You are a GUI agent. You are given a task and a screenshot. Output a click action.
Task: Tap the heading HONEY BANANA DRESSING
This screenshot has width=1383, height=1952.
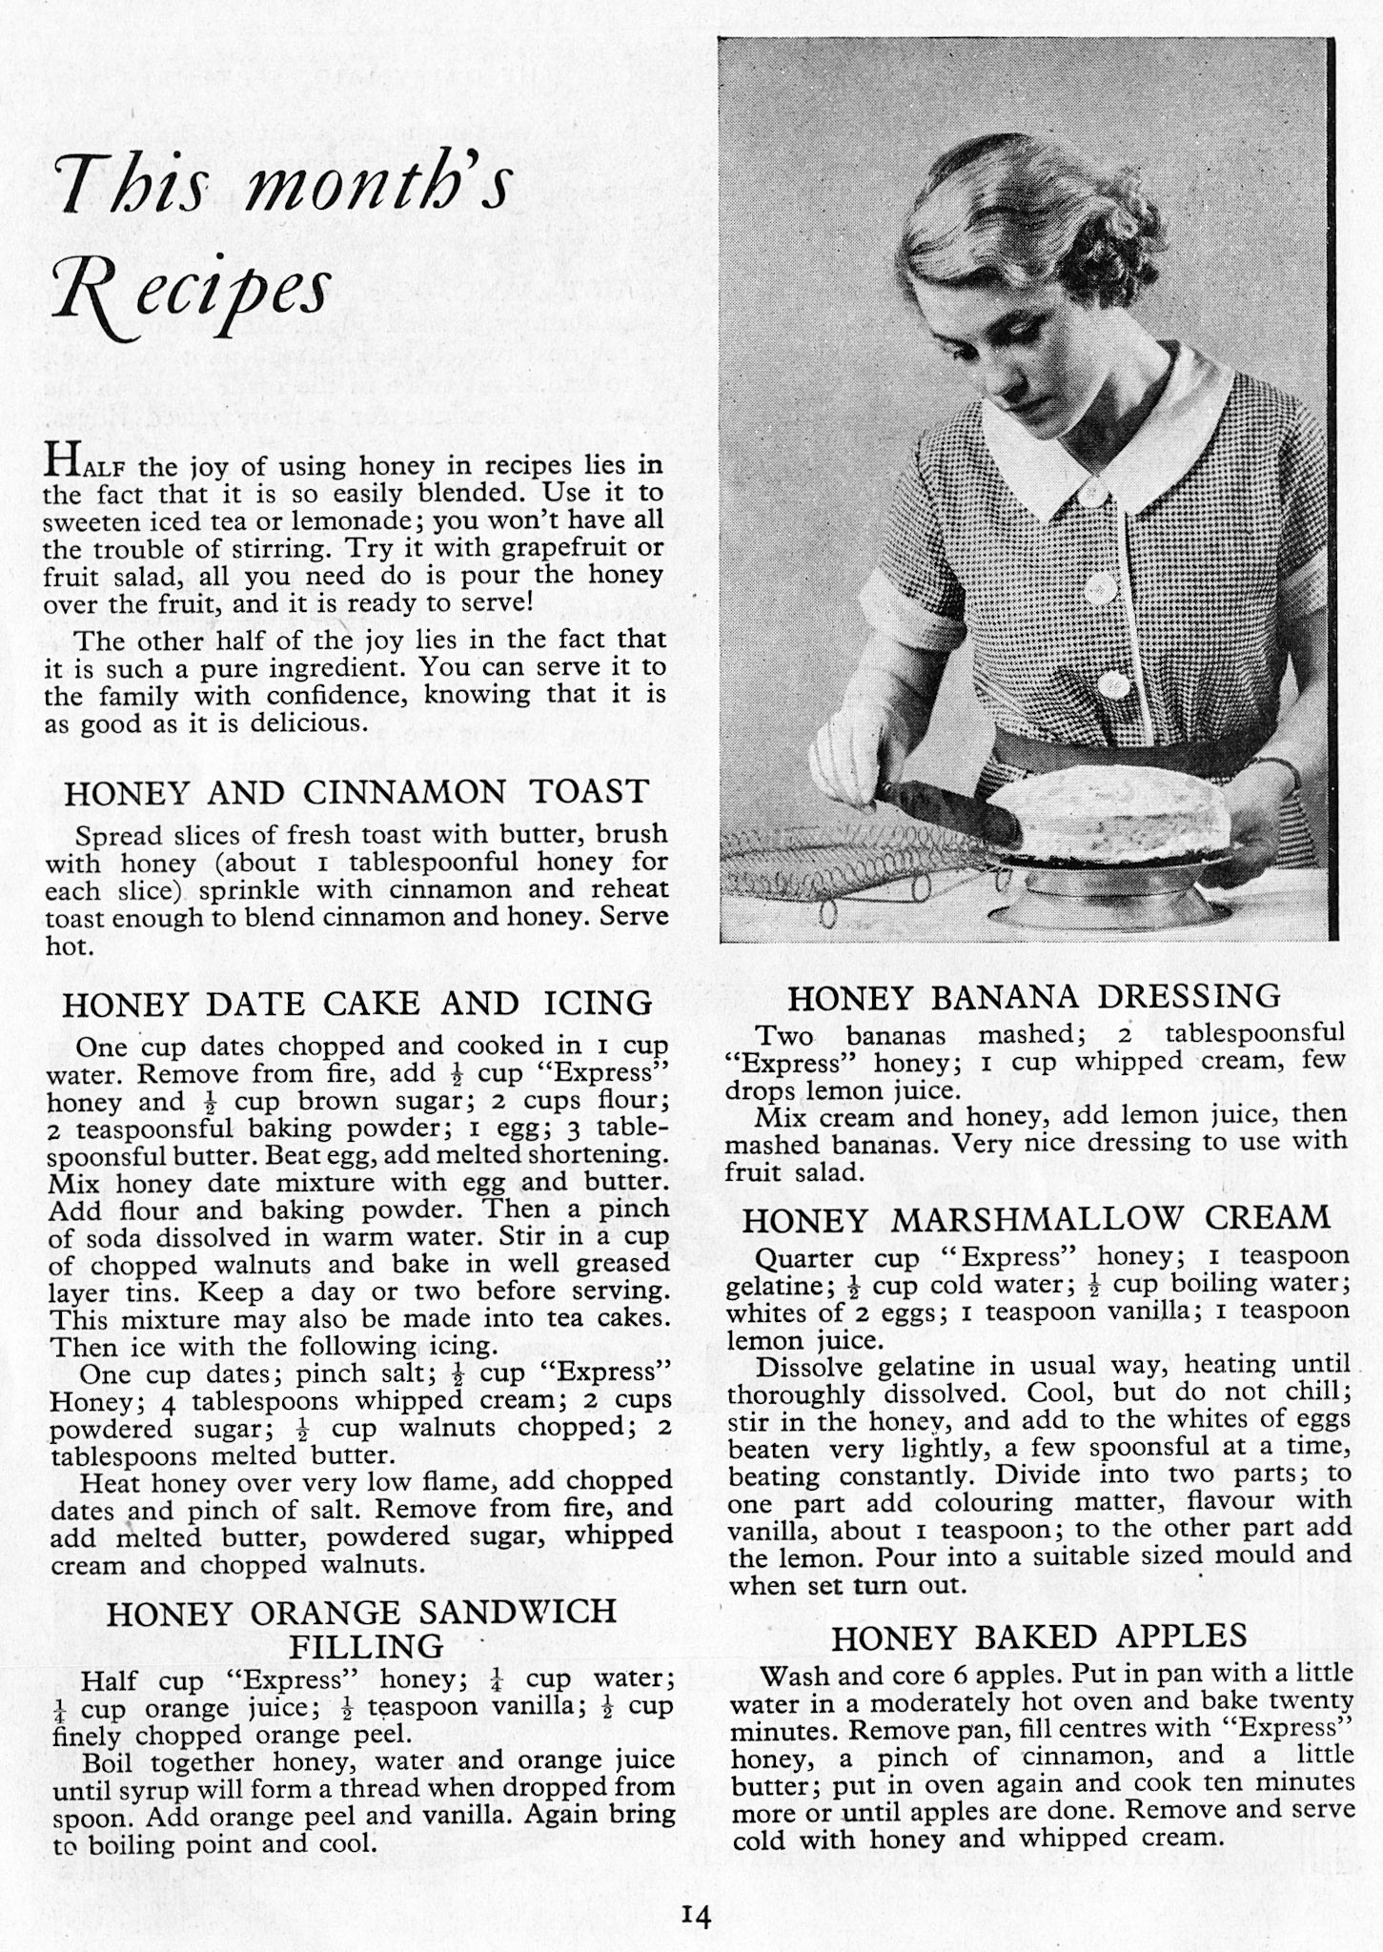point(1034,997)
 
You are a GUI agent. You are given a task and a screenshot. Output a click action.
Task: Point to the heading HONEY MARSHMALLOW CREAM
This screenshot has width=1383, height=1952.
point(1036,1219)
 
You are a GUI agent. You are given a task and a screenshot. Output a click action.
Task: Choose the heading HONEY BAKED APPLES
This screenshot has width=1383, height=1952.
point(1039,1637)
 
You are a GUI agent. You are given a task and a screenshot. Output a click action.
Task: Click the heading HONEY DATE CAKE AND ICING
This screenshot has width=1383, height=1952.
point(356,1004)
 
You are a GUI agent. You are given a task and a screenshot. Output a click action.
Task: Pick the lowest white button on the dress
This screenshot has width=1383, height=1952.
point(1113,683)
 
